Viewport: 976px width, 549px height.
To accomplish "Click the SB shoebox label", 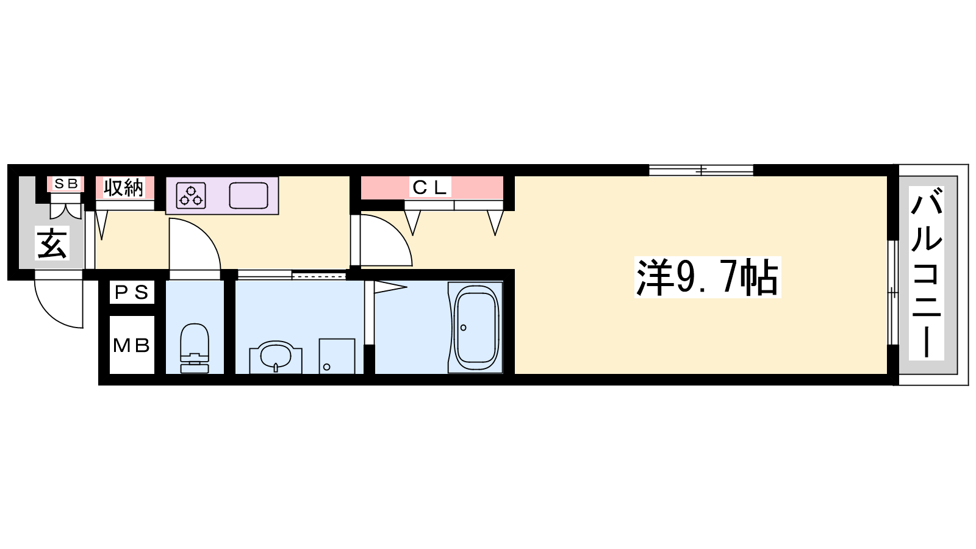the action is [66, 184].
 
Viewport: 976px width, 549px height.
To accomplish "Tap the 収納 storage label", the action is [123, 188].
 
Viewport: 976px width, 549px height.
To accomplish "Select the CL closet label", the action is [429, 188].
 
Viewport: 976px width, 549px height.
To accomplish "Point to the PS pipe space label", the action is [132, 292].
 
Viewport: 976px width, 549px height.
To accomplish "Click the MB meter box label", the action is [132, 345].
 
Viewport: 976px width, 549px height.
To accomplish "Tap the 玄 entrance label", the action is [52, 243].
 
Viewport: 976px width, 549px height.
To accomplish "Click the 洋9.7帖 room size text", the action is [708, 278].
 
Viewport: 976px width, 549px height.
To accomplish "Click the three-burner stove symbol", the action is [191, 196].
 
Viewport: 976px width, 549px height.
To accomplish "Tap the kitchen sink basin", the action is [249, 196].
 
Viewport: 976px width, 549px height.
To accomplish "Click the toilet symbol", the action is [195, 348].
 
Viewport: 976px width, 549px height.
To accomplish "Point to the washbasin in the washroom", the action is [275, 356].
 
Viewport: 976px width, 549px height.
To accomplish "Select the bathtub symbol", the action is [475, 327].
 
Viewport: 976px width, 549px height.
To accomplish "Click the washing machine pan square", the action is [337, 356].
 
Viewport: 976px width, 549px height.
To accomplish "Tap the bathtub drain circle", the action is [463, 328].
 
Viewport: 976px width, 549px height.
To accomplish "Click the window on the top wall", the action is [701, 170].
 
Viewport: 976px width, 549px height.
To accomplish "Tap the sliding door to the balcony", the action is [893, 293].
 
